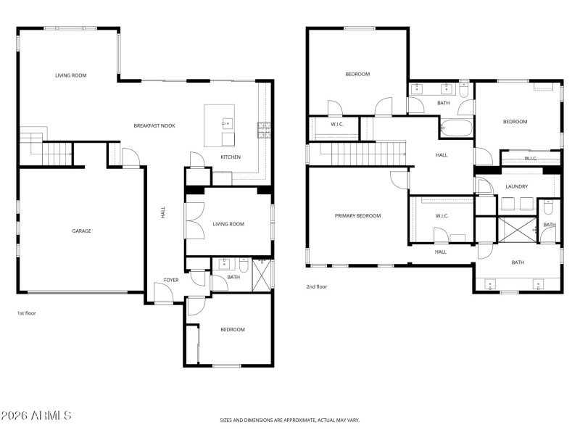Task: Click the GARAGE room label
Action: pos(81,231)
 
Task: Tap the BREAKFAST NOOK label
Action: pos(154,125)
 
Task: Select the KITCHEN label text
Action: pos(231,157)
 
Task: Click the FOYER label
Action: pos(171,280)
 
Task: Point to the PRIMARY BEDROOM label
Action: pos(357,216)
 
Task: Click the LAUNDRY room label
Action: pos(516,187)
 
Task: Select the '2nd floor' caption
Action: pos(316,286)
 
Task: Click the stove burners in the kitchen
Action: pos(263,130)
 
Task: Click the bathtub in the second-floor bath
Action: pos(456,129)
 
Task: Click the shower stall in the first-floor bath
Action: pos(262,275)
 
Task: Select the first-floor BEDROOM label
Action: pos(232,330)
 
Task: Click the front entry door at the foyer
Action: pos(165,293)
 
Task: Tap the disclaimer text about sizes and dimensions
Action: pos(290,420)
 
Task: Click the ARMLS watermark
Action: pos(36,416)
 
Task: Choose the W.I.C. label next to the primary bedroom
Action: pos(444,216)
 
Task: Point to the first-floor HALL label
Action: pos(163,212)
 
